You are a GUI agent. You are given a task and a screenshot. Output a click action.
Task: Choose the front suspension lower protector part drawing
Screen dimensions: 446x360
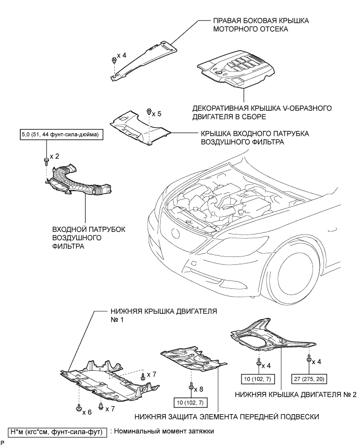tap(193, 363)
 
